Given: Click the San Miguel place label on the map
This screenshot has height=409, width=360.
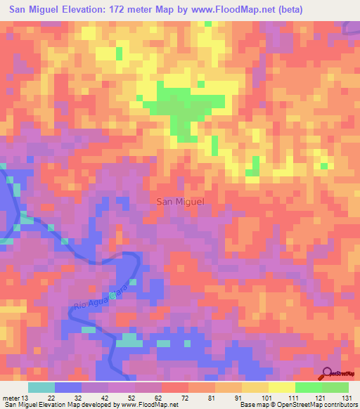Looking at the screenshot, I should tap(179, 202).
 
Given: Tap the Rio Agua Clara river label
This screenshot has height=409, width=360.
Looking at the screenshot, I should tap(103, 298).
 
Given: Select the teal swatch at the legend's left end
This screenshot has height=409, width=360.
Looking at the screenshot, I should tap(41, 387).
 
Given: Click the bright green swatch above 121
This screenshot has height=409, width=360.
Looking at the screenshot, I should tap(309, 387).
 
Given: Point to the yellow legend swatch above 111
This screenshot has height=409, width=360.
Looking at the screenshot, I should tap(282, 387).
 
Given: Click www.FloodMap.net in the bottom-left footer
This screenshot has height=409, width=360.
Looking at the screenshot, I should tap(149, 405).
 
